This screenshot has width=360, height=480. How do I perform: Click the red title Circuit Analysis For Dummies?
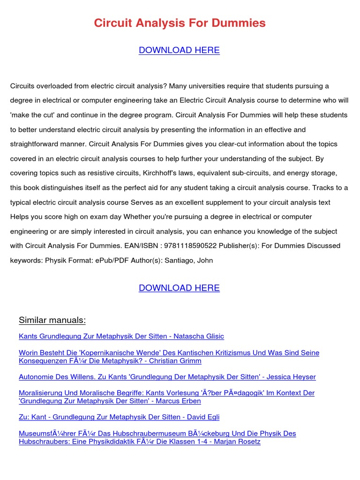[180, 23]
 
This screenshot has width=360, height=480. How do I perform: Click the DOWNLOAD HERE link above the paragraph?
[179, 50]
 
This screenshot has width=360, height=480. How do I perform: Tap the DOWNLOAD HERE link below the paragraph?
[179, 288]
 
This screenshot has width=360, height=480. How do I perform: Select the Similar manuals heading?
[52, 320]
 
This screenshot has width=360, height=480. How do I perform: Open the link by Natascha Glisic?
[121, 336]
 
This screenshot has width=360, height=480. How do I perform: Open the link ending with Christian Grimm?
[110, 361]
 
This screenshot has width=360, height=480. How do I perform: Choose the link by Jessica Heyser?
[167, 377]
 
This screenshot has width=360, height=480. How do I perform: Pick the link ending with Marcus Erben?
[110, 401]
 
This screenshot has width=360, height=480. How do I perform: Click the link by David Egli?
[119, 417]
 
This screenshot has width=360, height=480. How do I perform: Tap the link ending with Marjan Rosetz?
[139, 442]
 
